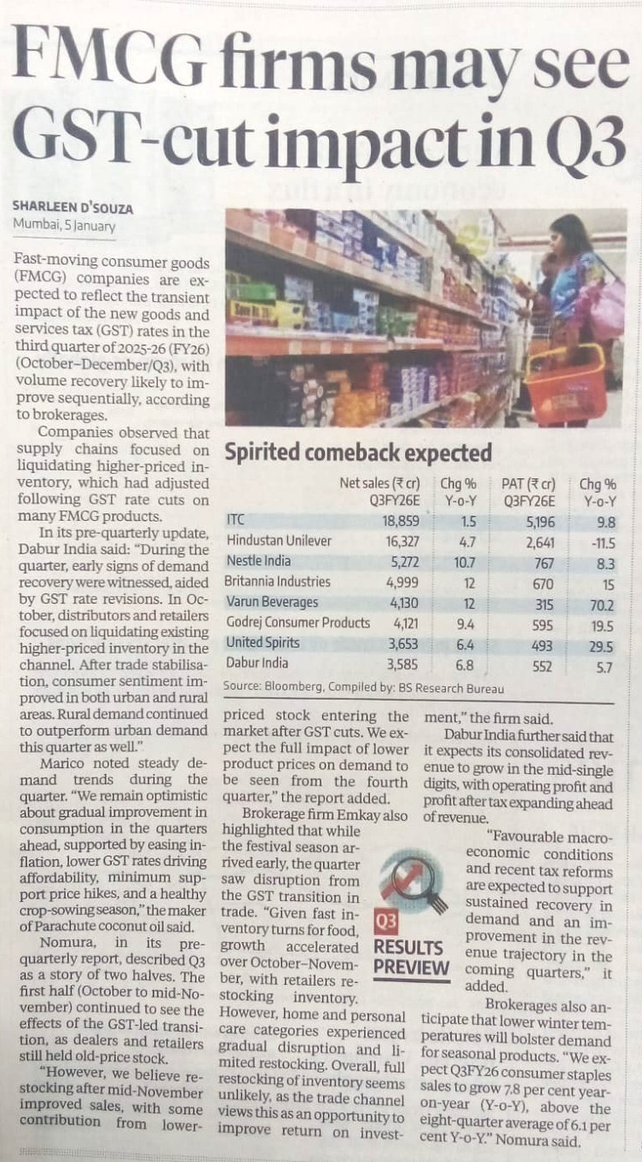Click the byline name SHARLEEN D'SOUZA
click(72, 208)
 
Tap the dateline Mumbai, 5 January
click(64, 227)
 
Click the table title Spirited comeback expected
click(357, 452)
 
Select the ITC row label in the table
click(235, 519)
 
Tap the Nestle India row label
click(258, 561)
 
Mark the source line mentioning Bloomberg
click(362, 687)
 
